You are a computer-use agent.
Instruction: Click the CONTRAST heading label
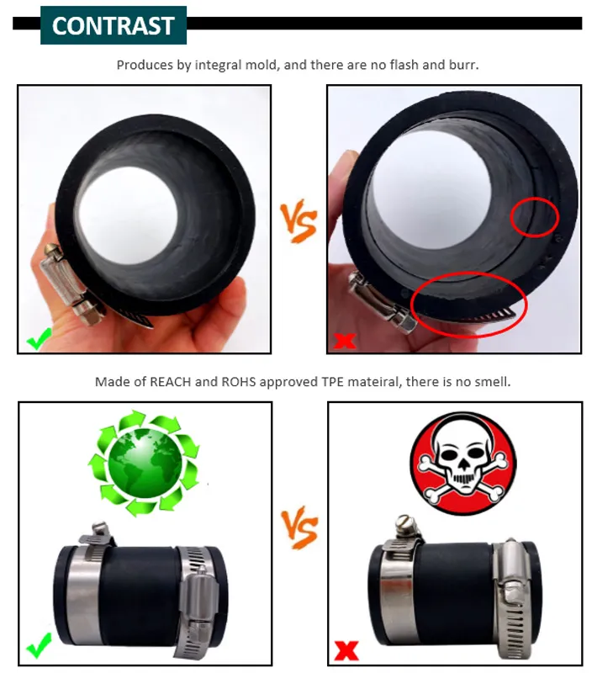tap(114, 26)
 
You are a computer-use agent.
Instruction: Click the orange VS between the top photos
tap(299, 220)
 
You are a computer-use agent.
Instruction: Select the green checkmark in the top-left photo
tap(39, 339)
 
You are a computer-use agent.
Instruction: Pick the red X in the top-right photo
tap(345, 341)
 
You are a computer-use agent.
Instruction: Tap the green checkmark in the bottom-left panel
tap(39, 644)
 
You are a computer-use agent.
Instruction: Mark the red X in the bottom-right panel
tap(346, 650)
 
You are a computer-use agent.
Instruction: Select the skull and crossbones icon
tap(463, 463)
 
